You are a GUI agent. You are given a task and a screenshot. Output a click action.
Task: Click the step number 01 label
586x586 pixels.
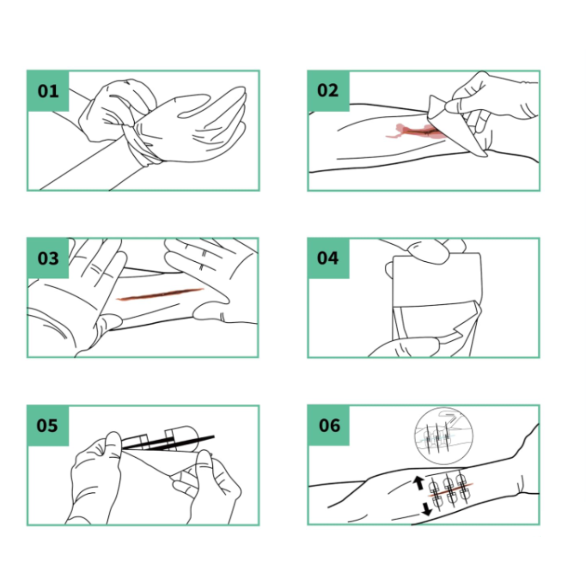(48, 91)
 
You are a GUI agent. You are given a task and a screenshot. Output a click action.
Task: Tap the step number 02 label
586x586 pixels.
(328, 91)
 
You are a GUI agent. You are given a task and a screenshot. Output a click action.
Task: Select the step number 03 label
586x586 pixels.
(48, 258)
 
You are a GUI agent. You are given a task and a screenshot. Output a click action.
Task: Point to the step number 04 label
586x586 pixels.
(328, 258)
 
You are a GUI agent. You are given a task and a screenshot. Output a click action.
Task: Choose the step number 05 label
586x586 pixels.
(47, 425)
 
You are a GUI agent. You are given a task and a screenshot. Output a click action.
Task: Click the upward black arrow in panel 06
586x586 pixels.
(419, 483)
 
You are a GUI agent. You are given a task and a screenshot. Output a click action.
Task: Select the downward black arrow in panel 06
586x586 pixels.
(427, 509)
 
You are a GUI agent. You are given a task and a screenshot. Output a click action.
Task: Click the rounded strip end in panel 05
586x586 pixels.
(186, 432)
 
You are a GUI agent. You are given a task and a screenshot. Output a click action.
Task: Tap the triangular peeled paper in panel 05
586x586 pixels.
(161, 461)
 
